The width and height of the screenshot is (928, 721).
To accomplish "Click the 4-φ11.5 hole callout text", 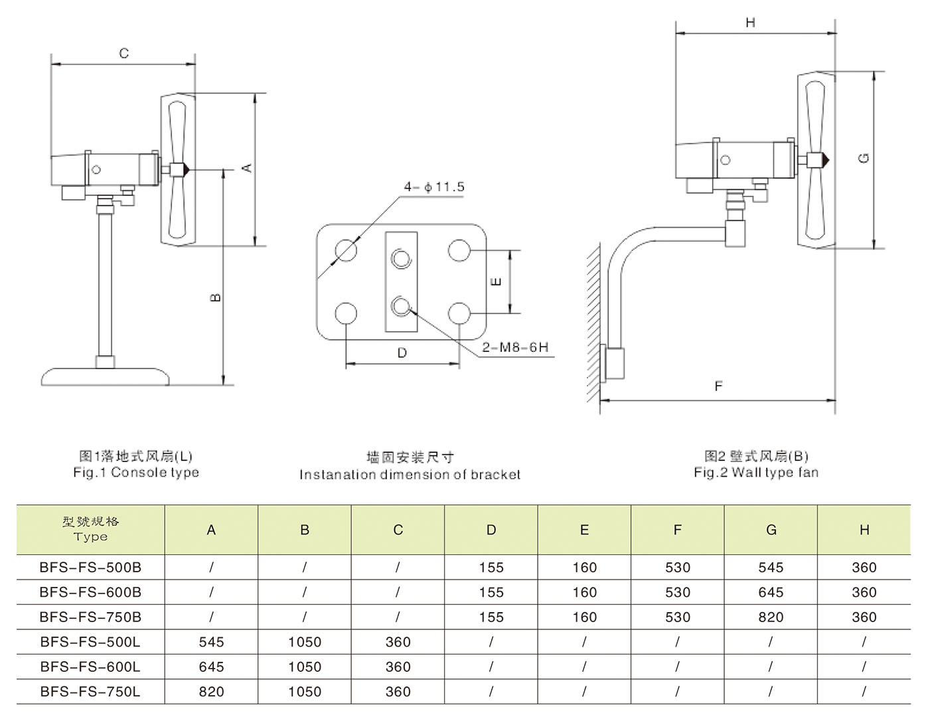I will (x=434, y=187).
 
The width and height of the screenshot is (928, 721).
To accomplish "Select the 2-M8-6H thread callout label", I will (x=515, y=347).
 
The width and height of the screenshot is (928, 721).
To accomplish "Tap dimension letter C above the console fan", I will (x=124, y=53).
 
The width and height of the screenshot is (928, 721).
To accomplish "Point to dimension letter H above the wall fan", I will (x=750, y=23).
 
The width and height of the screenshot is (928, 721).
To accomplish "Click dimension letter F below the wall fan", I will (x=718, y=386).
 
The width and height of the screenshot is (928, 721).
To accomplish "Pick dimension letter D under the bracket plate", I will (x=402, y=353).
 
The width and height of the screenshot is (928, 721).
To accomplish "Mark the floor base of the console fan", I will (x=105, y=377).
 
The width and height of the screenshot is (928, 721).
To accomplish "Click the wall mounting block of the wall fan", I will (x=614, y=363).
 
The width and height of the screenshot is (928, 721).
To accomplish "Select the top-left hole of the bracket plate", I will (x=346, y=250).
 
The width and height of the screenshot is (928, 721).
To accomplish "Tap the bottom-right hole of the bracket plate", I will (x=459, y=313).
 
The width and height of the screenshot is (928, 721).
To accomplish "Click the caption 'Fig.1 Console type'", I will (x=136, y=473).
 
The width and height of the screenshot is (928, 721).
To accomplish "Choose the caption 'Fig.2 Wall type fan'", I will (x=756, y=473).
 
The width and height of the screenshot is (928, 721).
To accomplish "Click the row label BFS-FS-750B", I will (x=90, y=617).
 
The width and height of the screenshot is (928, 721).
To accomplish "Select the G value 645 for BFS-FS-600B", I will (x=771, y=592).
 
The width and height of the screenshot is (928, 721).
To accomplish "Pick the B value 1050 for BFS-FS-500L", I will (x=305, y=642).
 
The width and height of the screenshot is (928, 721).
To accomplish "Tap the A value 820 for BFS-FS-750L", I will (x=211, y=692).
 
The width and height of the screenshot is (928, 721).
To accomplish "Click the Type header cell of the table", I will (x=90, y=529).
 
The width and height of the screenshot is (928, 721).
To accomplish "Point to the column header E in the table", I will (x=584, y=530).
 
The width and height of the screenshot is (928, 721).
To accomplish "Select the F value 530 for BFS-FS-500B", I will (x=678, y=568).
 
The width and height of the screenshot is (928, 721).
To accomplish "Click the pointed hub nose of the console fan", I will (x=188, y=169).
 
